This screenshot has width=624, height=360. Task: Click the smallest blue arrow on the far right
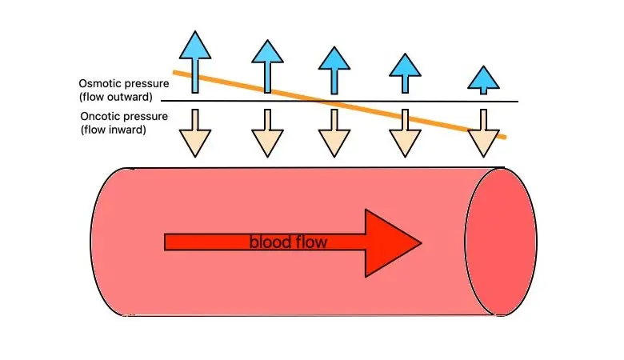tap(482, 79)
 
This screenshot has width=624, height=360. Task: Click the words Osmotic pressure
tap(121, 83)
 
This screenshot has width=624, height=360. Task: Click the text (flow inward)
tap(113, 129)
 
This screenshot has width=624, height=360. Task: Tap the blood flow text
tap(288, 242)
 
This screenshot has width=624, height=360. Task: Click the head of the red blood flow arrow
tap(392, 242)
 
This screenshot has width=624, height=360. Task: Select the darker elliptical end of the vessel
tap(500, 242)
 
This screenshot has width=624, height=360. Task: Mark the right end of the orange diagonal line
tap(504, 137)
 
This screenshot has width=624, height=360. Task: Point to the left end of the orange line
tap(176, 73)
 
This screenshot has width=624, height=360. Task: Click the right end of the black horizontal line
tap(517, 102)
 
